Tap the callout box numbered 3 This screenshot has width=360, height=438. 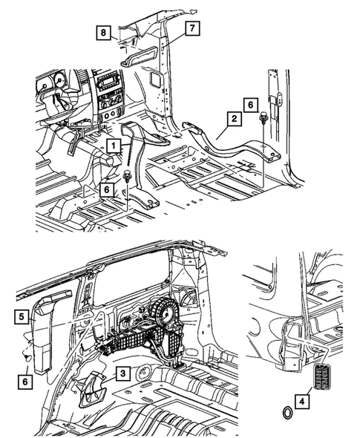(123, 373)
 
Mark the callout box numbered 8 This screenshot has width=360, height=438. (105, 31)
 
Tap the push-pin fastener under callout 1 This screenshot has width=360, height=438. (129, 177)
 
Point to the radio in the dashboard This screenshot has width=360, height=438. (110, 82)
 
